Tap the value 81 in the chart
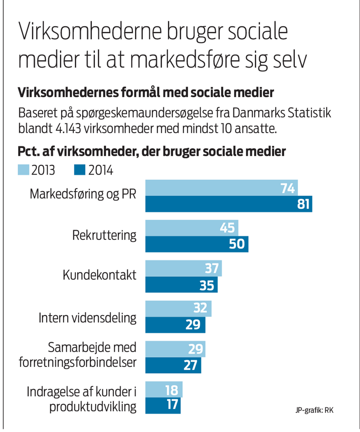point(302,204)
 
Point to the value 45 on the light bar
point(228,228)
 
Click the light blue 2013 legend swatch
point(24,170)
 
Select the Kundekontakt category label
point(99,275)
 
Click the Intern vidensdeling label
point(87,318)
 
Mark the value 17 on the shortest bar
point(172,405)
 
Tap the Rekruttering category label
point(104,235)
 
